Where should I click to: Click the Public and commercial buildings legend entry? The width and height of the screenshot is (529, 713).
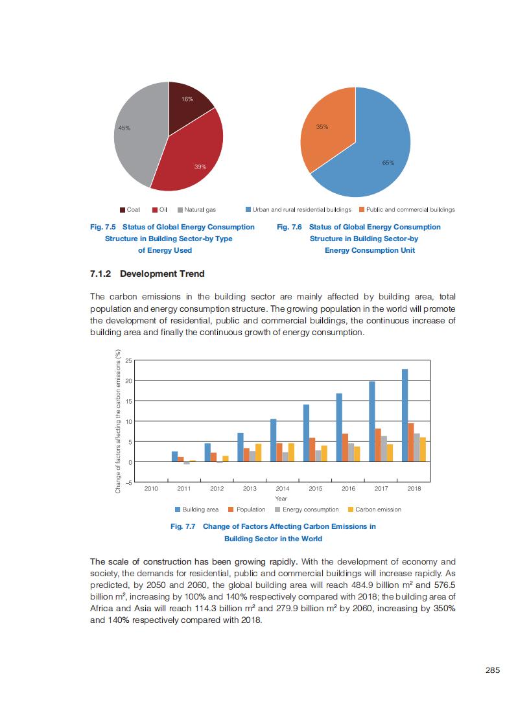pyautogui.click(x=406, y=209)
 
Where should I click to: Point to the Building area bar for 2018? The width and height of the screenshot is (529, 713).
pyautogui.click(x=405, y=415)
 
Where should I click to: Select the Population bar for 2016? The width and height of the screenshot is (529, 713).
pyautogui.click(x=345, y=447)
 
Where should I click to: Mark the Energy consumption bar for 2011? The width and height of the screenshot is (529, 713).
pyautogui.click(x=187, y=463)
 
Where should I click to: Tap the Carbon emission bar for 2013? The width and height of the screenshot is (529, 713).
pyautogui.click(x=258, y=452)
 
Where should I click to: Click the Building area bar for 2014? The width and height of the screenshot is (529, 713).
pyautogui.click(x=273, y=440)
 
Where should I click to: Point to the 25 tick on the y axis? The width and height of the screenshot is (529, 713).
pyautogui.click(x=129, y=360)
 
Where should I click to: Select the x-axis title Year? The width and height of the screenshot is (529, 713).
pyautogui.click(x=281, y=498)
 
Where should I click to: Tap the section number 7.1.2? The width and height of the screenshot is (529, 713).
pyautogui.click(x=102, y=274)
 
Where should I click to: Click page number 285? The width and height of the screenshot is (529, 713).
pyautogui.click(x=492, y=670)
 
